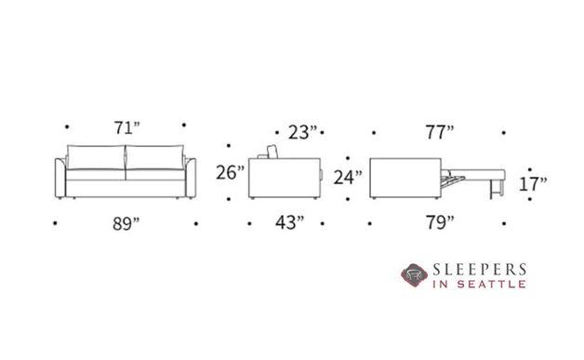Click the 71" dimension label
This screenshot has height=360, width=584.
tap(126, 129)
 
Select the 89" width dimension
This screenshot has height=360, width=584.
tap(126, 223)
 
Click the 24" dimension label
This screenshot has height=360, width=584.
tap(347, 176)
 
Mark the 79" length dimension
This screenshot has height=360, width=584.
tap(436, 223)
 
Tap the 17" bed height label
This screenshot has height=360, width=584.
tap(533, 183)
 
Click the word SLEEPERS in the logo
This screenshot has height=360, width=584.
tap(479, 270)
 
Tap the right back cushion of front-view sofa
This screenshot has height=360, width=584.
tap(156, 155)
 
